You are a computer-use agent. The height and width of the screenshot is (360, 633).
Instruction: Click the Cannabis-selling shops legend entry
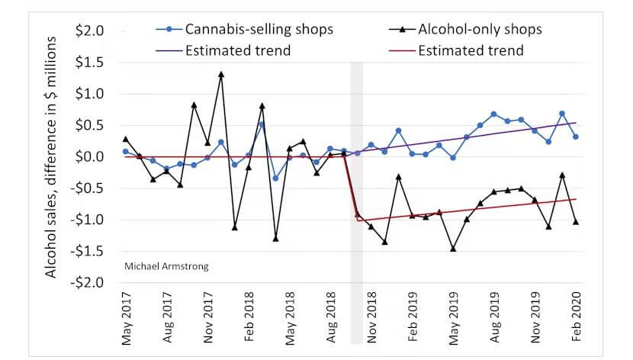pyautogui.click(x=244, y=29)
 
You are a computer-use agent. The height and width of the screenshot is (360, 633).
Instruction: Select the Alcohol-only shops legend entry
pyautogui.click(x=465, y=29)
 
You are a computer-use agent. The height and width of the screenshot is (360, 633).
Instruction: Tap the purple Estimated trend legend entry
pyautogui.click(x=223, y=50)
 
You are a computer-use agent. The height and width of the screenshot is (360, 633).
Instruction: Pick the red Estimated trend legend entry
pyautogui.click(x=456, y=50)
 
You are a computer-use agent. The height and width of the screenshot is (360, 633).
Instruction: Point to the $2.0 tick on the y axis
pyautogui.click(x=89, y=31)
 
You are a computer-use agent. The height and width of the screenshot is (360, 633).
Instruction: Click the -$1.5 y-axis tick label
pyautogui.click(x=87, y=252)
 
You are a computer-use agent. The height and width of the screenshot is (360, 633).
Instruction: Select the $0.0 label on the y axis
pyautogui.click(x=89, y=156)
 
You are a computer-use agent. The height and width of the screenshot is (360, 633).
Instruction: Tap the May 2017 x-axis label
pyautogui.click(x=127, y=319)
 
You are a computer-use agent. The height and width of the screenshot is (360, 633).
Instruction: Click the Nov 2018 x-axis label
pyautogui.click(x=371, y=317)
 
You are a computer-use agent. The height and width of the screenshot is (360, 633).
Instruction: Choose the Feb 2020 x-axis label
pyautogui.click(x=576, y=317)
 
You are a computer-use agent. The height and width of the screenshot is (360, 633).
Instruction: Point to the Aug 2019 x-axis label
pyautogui.click(x=494, y=317)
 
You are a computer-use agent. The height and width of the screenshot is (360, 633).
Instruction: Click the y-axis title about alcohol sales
pyautogui.click(x=50, y=157)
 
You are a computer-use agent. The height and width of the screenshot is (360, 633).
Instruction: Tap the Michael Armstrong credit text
pyautogui.click(x=166, y=266)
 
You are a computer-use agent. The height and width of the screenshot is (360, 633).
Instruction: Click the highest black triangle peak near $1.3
pyautogui.click(x=221, y=74)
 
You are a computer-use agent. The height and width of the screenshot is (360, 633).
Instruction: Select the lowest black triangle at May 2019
pyautogui.click(x=453, y=249)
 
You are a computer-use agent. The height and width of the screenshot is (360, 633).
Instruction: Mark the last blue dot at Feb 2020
pyautogui.click(x=576, y=137)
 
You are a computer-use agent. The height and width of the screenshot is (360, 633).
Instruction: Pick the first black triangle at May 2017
pyautogui.click(x=126, y=139)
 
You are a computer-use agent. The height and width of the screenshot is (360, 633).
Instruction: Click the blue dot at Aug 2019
pyautogui.click(x=493, y=114)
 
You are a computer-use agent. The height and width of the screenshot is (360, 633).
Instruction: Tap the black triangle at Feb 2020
pyautogui.click(x=576, y=222)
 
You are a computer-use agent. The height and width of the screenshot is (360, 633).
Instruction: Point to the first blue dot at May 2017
pyautogui.click(x=126, y=152)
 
